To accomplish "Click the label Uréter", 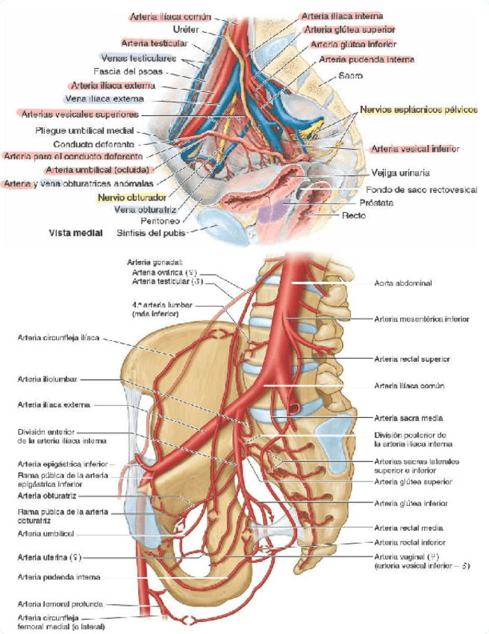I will (x=185, y=29).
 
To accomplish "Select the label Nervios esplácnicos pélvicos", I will (x=418, y=110).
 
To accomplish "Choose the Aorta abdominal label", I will (x=403, y=283).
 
